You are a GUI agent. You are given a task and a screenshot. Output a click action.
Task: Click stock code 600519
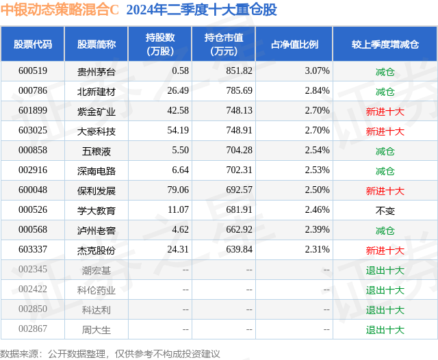[x=33, y=71]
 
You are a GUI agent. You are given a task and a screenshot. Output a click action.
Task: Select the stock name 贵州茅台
[x=96, y=71]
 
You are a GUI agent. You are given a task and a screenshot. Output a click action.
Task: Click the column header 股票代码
[x=33, y=44]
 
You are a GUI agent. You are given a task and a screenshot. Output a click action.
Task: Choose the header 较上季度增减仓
[x=385, y=44]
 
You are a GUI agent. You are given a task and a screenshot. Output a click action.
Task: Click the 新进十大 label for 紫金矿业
[x=385, y=111]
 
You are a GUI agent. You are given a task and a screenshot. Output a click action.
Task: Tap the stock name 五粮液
[x=96, y=151]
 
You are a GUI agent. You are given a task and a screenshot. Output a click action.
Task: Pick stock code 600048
[x=33, y=190]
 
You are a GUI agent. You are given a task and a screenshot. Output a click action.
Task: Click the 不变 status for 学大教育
[x=385, y=211]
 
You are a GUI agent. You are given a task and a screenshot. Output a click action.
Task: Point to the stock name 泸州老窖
[x=96, y=231]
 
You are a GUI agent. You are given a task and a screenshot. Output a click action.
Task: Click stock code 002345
[x=33, y=270]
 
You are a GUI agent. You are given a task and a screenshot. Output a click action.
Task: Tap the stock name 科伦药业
[x=96, y=290]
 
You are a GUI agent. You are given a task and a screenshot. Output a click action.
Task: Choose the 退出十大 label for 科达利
[x=385, y=310]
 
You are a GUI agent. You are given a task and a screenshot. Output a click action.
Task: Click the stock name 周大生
[x=96, y=330]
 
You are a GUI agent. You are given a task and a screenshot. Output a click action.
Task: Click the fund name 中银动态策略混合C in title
[x=60, y=10]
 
